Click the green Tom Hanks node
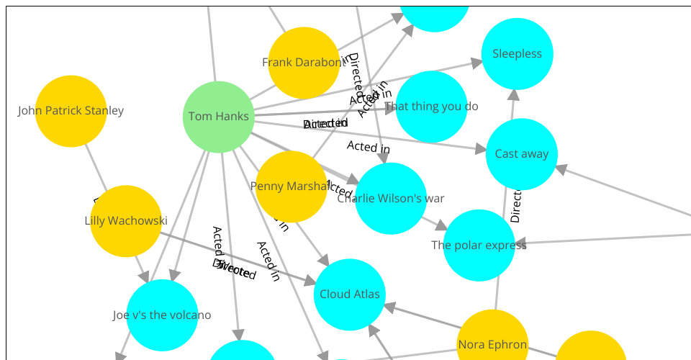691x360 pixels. [x=218, y=117]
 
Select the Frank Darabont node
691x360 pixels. [x=304, y=63]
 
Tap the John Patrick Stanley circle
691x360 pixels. [x=71, y=111]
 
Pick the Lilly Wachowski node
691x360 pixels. [x=125, y=221]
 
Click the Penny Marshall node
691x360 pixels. [x=292, y=186]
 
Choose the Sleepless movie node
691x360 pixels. [x=517, y=54]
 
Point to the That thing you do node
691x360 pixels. [x=431, y=107]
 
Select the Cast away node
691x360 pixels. [x=522, y=154]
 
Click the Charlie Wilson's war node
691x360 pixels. [x=391, y=199]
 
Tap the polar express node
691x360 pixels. [x=479, y=246]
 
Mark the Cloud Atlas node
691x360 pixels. [x=350, y=294]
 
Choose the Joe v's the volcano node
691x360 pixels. [x=162, y=315]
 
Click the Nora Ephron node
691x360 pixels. [x=492, y=344]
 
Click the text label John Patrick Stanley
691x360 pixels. [x=71, y=111]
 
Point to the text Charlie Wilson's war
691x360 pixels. [x=391, y=199]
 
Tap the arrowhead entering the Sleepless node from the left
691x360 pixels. [x=477, y=63]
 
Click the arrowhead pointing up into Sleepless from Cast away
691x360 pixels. [x=513, y=94]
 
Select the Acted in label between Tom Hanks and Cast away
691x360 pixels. [x=368, y=147]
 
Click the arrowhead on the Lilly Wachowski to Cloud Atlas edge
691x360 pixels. [x=310, y=282]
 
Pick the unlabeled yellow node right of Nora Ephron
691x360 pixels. [x=591, y=349]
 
